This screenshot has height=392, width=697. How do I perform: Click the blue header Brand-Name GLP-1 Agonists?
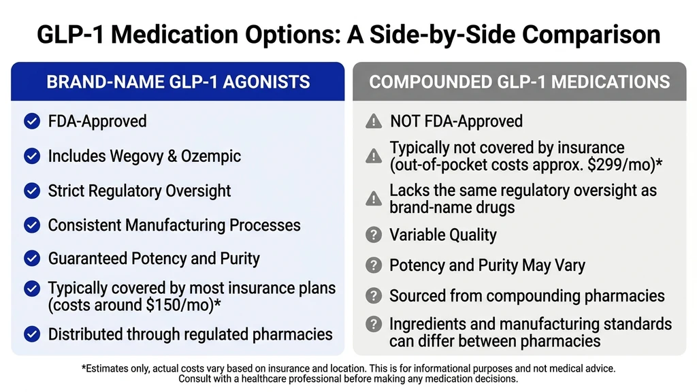point(178,82)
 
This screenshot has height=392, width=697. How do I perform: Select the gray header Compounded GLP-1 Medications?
point(519,82)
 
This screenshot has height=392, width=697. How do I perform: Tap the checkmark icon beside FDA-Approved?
point(32,122)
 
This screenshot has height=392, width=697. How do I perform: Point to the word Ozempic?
point(211,157)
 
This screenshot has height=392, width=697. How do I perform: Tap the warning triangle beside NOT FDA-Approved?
point(374,122)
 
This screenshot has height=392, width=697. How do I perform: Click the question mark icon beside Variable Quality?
point(374,235)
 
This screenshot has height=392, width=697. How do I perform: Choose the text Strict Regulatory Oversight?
point(140,191)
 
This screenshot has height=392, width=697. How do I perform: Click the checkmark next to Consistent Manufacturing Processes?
point(32,225)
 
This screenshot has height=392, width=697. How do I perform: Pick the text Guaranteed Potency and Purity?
point(154,259)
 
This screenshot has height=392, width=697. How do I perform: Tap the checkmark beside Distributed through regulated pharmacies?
point(32,334)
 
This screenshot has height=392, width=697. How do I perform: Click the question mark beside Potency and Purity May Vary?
point(374,265)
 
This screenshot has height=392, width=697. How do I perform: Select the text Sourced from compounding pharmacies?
point(527,296)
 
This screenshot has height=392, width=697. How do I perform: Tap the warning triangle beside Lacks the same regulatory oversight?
point(374,198)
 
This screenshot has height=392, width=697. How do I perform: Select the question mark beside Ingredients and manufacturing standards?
point(374,325)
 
